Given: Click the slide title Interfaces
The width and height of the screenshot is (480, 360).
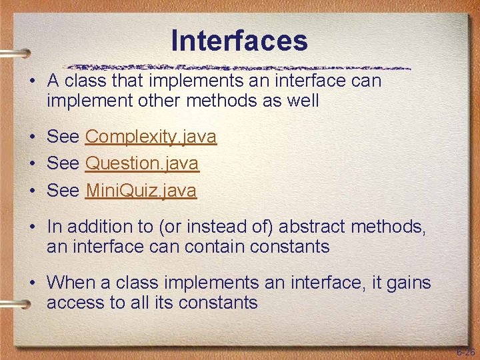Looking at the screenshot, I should [x=239, y=40].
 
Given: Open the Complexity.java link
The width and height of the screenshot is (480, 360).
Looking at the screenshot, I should [x=151, y=137].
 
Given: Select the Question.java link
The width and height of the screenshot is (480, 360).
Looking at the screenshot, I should [x=142, y=163].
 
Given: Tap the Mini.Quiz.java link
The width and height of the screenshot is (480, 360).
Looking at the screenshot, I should [x=141, y=191].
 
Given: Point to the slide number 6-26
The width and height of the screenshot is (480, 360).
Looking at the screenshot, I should [x=465, y=352].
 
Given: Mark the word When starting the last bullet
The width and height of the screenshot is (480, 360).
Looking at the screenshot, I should [x=71, y=283].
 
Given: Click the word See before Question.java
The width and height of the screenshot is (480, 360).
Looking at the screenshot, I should [x=63, y=163].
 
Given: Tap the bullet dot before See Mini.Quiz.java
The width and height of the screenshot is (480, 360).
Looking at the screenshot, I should [x=32, y=191].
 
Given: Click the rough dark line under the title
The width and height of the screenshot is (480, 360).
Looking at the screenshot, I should [x=240, y=67].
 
